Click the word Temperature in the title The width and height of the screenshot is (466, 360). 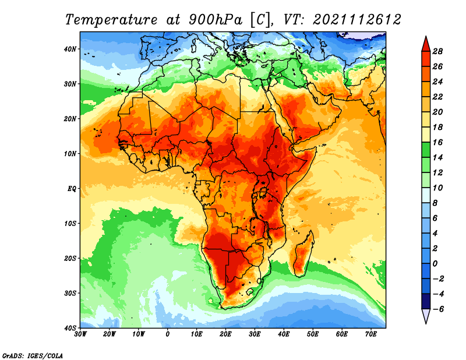(111, 20)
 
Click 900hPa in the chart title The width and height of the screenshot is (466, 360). (216, 20)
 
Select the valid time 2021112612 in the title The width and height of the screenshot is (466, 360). (356, 20)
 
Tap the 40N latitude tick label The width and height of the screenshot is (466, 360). (70, 49)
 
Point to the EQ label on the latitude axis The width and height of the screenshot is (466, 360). (72, 189)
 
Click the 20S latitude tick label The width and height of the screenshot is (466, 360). (70, 258)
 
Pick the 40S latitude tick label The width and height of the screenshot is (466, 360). (70, 328)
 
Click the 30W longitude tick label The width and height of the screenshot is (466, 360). (80, 334)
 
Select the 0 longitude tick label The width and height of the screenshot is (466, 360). (168, 334)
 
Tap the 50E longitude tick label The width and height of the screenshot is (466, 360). (313, 334)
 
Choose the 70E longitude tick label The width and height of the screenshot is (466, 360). (370, 334)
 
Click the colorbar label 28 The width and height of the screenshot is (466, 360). (437, 51)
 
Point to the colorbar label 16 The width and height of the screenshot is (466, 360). (437, 142)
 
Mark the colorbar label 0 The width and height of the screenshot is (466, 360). (435, 264)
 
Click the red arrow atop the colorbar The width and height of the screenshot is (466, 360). (426, 45)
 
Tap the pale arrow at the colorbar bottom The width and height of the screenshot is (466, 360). (426, 316)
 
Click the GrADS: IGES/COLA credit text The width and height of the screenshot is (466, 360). (33, 356)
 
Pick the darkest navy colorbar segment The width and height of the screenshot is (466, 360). (426, 301)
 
